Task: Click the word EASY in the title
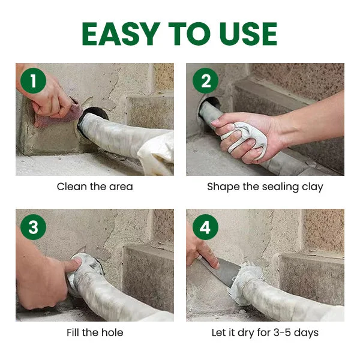(121, 34)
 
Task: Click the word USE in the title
(248, 34)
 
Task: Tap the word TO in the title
(190, 34)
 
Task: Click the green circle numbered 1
(33, 80)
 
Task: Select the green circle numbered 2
(205, 80)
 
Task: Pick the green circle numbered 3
(33, 227)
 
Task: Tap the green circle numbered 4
(205, 227)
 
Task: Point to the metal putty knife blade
(221, 271)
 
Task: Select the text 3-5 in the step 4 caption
(283, 332)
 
